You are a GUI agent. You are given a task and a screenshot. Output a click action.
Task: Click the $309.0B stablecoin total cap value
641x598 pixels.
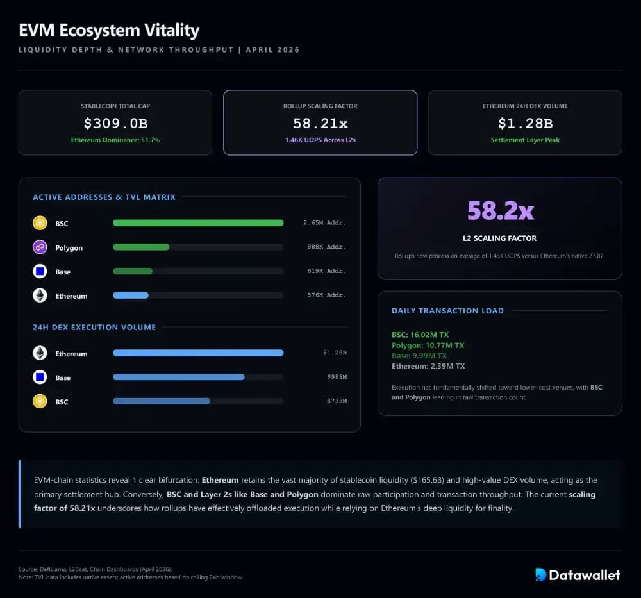coord(115,123)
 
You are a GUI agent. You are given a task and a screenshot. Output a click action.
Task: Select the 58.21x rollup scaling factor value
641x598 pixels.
coord(320,123)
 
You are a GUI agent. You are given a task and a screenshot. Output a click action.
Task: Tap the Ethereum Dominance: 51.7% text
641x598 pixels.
coord(115,140)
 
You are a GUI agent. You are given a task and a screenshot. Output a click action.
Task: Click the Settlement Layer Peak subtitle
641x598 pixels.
coord(525,140)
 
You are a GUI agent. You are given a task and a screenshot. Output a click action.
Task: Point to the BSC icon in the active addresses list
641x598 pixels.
coord(40,223)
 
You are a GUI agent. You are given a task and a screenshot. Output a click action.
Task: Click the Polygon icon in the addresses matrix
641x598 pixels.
coord(40,247)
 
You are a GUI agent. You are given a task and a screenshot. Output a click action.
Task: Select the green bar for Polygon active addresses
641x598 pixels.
coord(141,247)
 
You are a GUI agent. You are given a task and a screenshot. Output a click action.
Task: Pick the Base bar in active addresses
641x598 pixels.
coord(133,271)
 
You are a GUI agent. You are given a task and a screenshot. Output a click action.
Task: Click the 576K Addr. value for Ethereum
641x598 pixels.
coord(326,295)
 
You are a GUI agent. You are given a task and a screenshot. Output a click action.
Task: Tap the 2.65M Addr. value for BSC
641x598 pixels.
coord(324,223)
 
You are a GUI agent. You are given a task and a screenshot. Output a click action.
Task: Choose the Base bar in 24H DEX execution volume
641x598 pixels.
coord(178,377)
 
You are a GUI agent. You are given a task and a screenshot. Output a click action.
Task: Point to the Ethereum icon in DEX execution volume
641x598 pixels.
coord(40,353)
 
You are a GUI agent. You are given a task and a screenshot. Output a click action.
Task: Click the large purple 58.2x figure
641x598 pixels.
coord(500,210)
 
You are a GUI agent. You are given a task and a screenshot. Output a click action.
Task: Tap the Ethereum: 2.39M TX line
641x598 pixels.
coord(428,366)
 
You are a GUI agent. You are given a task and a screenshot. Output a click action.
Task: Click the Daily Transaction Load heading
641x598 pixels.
coord(447,311)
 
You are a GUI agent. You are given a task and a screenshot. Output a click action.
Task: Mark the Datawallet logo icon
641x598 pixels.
coord(541,575)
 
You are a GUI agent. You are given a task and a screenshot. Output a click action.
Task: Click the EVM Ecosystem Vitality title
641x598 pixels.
coord(109,30)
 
